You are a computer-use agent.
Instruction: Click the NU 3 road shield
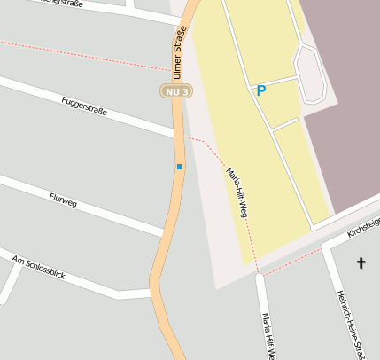176,90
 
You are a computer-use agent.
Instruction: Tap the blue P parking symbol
260,90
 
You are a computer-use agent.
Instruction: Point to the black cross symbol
361,262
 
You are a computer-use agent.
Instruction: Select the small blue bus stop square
179,167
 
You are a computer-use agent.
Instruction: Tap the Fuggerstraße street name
84,106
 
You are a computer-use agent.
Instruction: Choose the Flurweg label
63,200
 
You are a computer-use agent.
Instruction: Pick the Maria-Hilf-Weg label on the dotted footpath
237,193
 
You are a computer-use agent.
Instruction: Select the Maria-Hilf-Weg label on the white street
266,335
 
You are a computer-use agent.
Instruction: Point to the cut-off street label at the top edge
60,4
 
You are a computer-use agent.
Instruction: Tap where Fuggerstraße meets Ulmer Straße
175,135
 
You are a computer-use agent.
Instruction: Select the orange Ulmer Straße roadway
168,231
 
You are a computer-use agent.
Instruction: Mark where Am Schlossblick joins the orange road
152,291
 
